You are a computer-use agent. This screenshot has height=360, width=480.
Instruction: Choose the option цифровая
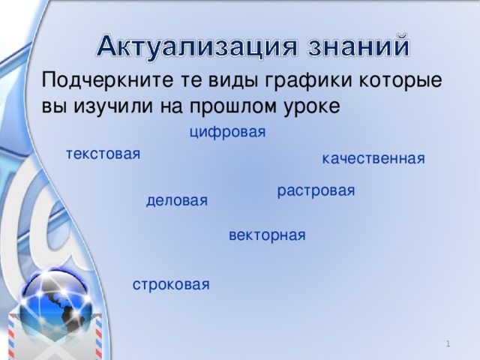coord(228,133)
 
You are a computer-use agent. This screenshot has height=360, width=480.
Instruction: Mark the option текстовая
coord(103,154)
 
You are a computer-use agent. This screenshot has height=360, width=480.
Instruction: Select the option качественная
coord(373,158)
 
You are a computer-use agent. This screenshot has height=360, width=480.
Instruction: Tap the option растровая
coord(316,191)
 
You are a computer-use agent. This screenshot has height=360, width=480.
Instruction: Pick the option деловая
coord(177,200)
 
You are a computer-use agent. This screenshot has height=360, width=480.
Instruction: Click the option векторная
coord(267,235)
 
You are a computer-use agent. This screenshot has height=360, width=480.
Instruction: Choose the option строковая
coord(171,284)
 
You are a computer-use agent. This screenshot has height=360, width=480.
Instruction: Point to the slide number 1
coord(448,343)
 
